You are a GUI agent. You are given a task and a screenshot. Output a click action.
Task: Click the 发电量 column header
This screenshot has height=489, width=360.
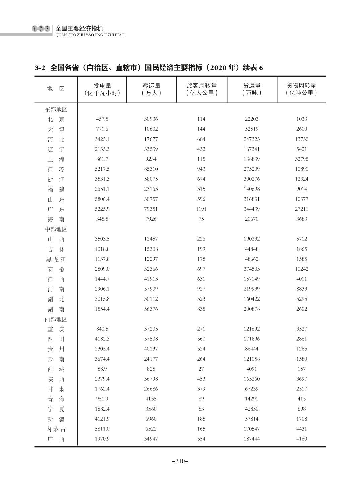[102, 89]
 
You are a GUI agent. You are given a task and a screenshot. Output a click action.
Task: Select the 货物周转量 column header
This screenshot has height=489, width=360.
[301, 89]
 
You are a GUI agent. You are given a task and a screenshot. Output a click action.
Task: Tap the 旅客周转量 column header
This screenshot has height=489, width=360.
[201, 89]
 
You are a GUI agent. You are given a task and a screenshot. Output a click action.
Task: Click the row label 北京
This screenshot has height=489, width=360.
[56, 119]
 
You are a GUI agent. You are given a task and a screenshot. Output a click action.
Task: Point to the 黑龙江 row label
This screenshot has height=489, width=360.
[56, 259]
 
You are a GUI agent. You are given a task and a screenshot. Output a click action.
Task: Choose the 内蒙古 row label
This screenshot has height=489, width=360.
[56, 429]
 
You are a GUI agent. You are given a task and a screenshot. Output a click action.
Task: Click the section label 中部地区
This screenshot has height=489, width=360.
[56, 229]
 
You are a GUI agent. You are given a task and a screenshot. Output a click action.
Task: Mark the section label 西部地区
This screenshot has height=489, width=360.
[56, 319]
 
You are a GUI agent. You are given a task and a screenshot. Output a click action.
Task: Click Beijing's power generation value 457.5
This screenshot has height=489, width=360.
[102, 119]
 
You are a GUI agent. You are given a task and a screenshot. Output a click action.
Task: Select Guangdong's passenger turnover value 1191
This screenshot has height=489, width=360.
[201, 209]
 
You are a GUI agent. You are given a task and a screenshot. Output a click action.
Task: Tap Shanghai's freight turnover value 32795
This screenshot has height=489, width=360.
[301, 159]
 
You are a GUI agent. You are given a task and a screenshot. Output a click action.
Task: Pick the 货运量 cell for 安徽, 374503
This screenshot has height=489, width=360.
[251, 269]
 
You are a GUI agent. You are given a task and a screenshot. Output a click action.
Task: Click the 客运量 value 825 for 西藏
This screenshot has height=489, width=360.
[151, 369]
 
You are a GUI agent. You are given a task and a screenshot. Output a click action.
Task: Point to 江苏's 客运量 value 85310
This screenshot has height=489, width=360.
[151, 169]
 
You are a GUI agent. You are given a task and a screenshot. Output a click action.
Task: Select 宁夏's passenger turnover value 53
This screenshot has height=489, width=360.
[201, 409]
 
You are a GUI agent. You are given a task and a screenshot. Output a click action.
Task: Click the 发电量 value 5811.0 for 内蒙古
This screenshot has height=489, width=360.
[102, 429]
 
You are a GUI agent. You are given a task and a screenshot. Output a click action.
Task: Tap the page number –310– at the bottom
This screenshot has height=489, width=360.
[180, 461]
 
